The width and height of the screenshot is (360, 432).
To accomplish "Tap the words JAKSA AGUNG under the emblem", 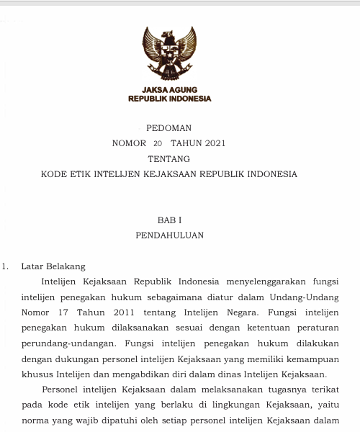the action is (x=169, y=90).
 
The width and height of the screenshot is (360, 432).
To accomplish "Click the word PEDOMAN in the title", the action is (x=169, y=127).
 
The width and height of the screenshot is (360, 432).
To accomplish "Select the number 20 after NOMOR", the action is (x=158, y=143).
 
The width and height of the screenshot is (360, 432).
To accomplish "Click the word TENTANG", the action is (x=169, y=158).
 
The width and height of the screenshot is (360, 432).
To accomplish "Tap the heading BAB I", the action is (x=169, y=220).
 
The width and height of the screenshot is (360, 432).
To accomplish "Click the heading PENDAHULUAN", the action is (x=169, y=235).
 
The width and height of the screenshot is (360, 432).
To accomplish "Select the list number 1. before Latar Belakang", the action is (x=5, y=266).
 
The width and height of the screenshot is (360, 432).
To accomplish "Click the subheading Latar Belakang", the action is (x=53, y=266).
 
